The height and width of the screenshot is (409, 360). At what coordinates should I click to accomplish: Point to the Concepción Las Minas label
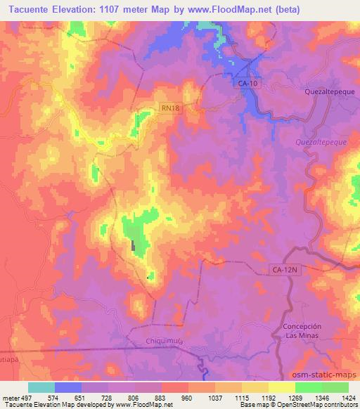[302, 331]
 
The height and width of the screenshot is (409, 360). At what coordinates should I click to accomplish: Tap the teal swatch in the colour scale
[41, 387]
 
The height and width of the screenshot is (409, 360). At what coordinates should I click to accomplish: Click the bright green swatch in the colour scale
[308, 387]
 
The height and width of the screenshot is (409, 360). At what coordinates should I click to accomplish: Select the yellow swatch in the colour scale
[281, 387]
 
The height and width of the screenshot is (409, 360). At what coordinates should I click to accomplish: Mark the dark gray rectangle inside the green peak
[134, 245]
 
